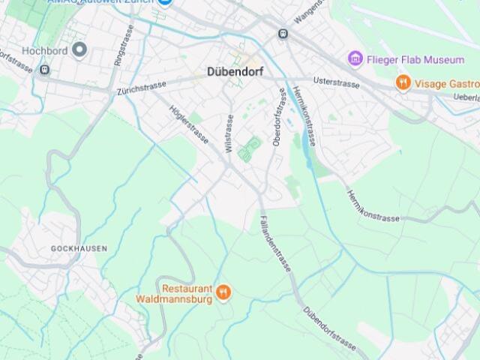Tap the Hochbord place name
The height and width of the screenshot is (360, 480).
44,51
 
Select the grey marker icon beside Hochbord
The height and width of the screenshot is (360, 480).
79,50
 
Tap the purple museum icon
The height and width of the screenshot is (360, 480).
355,59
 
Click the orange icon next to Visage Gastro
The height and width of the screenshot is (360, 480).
403,83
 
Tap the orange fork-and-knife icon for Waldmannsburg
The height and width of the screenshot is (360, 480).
223,292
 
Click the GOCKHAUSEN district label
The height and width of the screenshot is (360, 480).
79,248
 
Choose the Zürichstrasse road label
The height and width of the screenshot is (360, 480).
141,89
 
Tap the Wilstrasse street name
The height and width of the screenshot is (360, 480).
229,133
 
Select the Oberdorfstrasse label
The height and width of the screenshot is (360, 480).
280,117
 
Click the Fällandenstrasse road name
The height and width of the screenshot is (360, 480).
277,244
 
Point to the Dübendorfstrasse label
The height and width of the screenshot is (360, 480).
329,328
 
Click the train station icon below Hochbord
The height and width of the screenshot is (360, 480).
44,70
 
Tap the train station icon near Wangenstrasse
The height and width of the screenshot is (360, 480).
283,34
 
